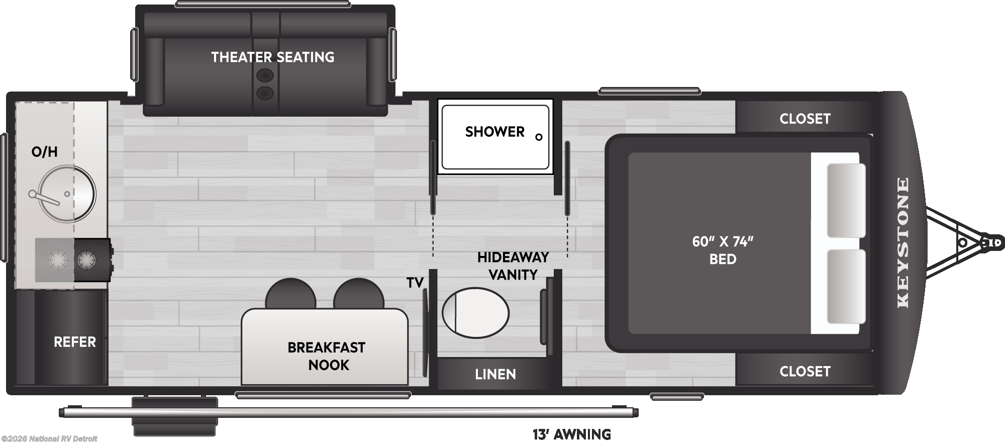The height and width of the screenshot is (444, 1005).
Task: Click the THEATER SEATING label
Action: pos(272,57)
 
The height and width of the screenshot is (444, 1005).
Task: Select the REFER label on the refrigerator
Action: pos(74,342)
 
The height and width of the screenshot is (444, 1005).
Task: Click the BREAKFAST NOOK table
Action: pos(325,346)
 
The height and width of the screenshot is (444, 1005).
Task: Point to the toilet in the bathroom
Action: pos(475,313)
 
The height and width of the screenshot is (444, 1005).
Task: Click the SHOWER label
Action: pos(494,132)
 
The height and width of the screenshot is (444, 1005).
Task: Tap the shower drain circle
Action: pos(539,137)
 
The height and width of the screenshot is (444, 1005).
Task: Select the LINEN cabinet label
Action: pos(495,374)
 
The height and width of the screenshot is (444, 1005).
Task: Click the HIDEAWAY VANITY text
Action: pos(513,266)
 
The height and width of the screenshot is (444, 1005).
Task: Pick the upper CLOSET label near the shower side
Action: pos(805,119)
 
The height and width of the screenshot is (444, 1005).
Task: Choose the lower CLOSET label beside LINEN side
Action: pos(805,371)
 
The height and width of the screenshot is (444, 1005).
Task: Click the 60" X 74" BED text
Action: pos(723,250)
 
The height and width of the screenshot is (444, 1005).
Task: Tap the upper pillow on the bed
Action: pos(846,200)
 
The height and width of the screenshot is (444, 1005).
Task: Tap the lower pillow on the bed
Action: pos(846,287)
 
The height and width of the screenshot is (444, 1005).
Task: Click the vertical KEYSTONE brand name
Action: pos(903,242)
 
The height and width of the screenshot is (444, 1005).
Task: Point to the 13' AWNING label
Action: pos(572,434)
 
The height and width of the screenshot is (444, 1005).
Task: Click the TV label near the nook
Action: pos(415,283)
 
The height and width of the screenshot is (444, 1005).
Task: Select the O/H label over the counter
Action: pos(45,152)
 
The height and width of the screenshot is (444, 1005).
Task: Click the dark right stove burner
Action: pos(86,260)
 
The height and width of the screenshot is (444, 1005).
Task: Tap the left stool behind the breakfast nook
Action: pos(290,294)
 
